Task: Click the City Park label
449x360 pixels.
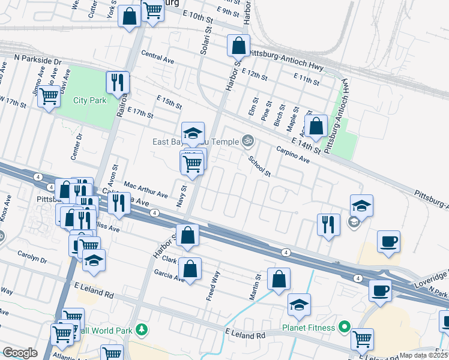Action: coord(90,100)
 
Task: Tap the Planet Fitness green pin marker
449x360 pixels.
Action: coord(344,328)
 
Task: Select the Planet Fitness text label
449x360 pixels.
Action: coord(308,328)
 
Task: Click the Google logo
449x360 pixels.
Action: coord(20,352)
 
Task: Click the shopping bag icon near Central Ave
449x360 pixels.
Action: coord(238,45)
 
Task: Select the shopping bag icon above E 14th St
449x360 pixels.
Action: coord(316,126)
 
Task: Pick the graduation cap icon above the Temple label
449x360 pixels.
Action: coord(193,133)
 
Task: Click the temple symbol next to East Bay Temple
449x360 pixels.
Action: coord(247,142)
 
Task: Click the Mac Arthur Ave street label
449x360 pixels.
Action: coord(146,190)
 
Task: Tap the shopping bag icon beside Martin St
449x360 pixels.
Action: coord(279,279)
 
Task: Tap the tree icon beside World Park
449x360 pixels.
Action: coord(142,329)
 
